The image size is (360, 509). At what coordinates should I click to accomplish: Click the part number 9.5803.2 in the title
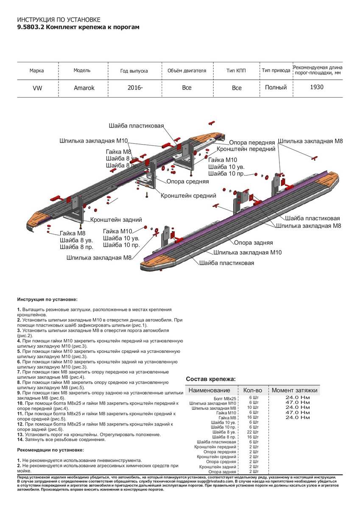[x=30, y=27]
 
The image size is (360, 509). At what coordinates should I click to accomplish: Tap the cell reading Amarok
[x=84, y=88]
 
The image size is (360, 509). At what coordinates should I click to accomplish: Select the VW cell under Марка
[x=37, y=88]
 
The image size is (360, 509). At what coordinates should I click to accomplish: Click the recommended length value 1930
[x=316, y=87]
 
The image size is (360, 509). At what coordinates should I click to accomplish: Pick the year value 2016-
[x=135, y=87]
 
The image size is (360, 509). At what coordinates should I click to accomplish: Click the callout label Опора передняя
[x=252, y=143]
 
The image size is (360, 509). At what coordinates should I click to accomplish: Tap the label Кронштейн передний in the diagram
[x=246, y=149]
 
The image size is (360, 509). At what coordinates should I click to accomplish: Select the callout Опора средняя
[x=187, y=181]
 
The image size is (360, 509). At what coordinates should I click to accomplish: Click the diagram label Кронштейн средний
[x=188, y=196]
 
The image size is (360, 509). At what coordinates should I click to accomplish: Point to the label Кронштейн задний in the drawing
[x=116, y=220]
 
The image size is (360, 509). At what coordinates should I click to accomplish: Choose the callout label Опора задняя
[x=254, y=243]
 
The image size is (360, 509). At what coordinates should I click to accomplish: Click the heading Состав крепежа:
[x=211, y=379]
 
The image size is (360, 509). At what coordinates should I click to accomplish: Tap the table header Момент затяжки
[x=294, y=390]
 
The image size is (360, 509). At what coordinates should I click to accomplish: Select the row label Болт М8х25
[x=225, y=399]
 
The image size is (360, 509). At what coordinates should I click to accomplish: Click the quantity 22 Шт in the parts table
[x=254, y=432]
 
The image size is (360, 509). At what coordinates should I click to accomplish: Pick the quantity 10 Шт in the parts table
[x=254, y=407]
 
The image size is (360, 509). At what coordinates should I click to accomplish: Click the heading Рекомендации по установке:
[x=50, y=450]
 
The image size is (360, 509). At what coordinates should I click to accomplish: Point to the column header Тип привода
[x=276, y=70]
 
